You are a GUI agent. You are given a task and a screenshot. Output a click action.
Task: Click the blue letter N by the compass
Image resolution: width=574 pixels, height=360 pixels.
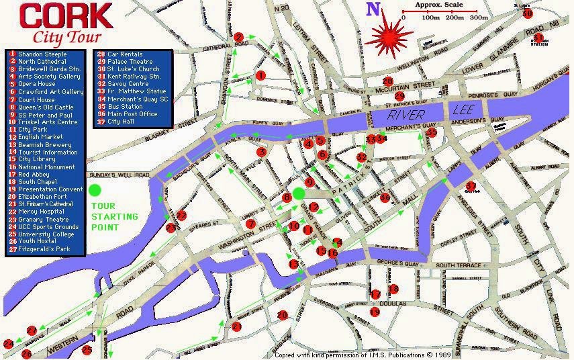[373, 9]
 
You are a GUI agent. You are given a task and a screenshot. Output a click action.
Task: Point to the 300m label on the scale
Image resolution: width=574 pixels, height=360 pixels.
[478, 17]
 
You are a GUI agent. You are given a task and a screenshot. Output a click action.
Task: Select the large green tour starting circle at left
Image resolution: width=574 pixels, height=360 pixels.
[95, 190]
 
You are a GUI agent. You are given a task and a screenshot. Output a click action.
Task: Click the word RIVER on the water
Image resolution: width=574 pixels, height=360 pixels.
[405, 116]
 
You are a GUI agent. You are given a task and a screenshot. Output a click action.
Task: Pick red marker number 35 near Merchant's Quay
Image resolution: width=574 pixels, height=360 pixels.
[432, 133]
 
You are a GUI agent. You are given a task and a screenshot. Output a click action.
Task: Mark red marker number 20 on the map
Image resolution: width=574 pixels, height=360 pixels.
[282, 314]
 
